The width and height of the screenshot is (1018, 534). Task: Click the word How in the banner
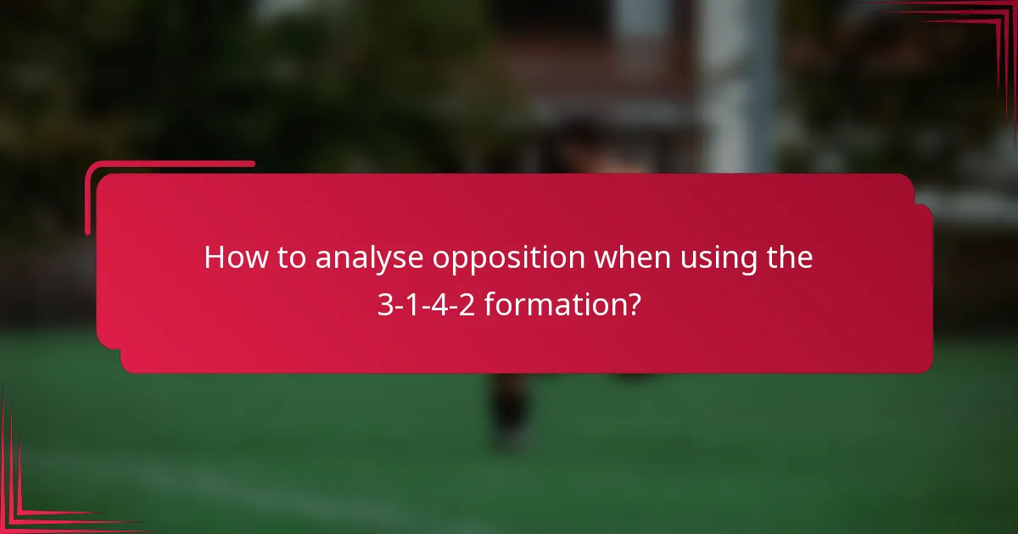coord(231,258)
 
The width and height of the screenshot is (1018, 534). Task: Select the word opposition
coord(509,259)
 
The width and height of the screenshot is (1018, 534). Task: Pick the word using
coord(719,259)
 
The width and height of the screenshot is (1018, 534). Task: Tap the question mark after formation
coord(634,305)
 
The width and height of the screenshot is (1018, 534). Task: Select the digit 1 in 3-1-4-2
coord(412,306)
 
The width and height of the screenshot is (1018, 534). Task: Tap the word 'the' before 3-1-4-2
coord(790,258)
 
